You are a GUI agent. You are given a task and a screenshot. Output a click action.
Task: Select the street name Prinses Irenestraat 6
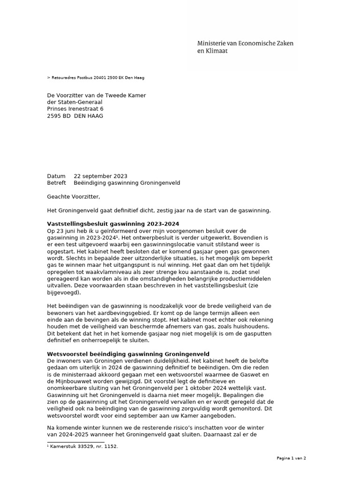75,109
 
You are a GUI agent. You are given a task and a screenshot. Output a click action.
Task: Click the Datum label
56,176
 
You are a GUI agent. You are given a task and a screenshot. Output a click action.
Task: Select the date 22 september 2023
100,176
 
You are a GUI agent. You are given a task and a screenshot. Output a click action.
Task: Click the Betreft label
57,183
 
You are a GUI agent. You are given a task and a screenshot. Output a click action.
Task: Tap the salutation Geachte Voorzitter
74,197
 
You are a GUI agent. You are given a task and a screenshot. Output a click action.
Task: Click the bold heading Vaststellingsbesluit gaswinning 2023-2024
113,224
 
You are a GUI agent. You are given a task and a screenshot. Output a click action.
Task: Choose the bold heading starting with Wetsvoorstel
128,353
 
